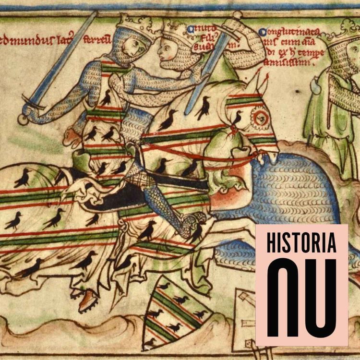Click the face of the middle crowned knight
[x=168, y=50]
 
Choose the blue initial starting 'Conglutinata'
[x=263, y=32]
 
